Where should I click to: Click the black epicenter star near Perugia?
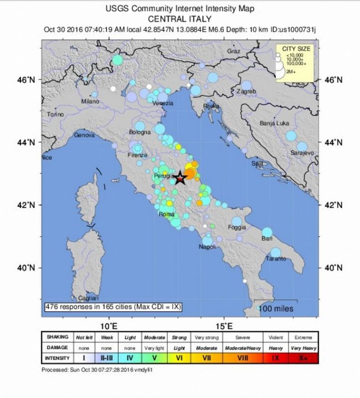(180, 177)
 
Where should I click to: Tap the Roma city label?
(166, 214)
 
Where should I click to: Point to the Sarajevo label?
(302, 154)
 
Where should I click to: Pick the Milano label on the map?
(90, 101)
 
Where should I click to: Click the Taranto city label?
(276, 259)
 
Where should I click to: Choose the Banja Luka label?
(275, 123)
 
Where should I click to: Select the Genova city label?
(84, 135)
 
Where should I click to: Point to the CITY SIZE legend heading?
(296, 48)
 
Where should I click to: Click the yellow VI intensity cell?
(179, 357)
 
